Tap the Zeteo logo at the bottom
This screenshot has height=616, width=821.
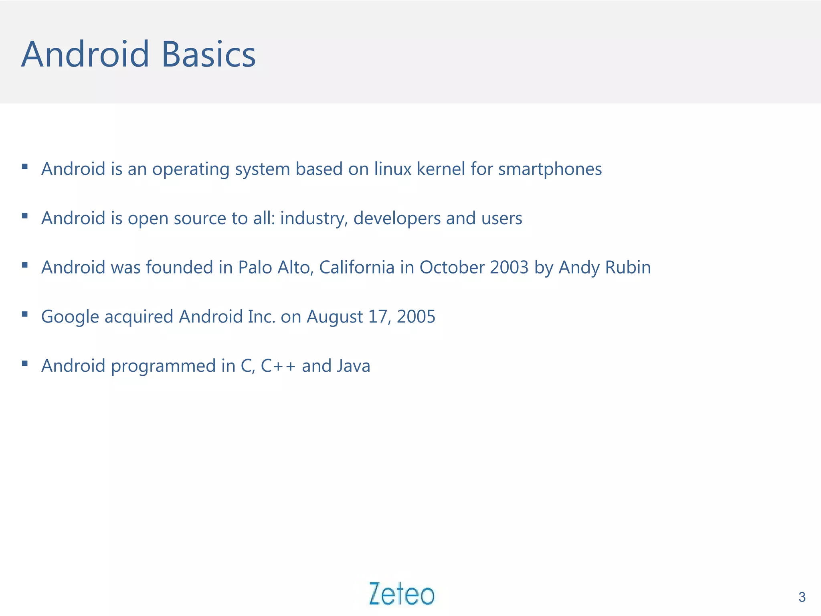pyautogui.click(x=402, y=594)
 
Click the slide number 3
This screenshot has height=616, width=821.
pyautogui.click(x=802, y=597)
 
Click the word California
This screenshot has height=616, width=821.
pyautogui.click(x=357, y=267)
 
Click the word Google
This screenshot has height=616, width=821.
pyautogui.click(x=70, y=317)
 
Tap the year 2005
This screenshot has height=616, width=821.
pyautogui.click(x=416, y=317)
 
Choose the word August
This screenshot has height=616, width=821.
pyautogui.click(x=335, y=317)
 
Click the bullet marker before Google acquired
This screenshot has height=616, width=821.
pyautogui.click(x=25, y=314)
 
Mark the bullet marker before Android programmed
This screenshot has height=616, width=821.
pyautogui.click(x=25, y=363)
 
